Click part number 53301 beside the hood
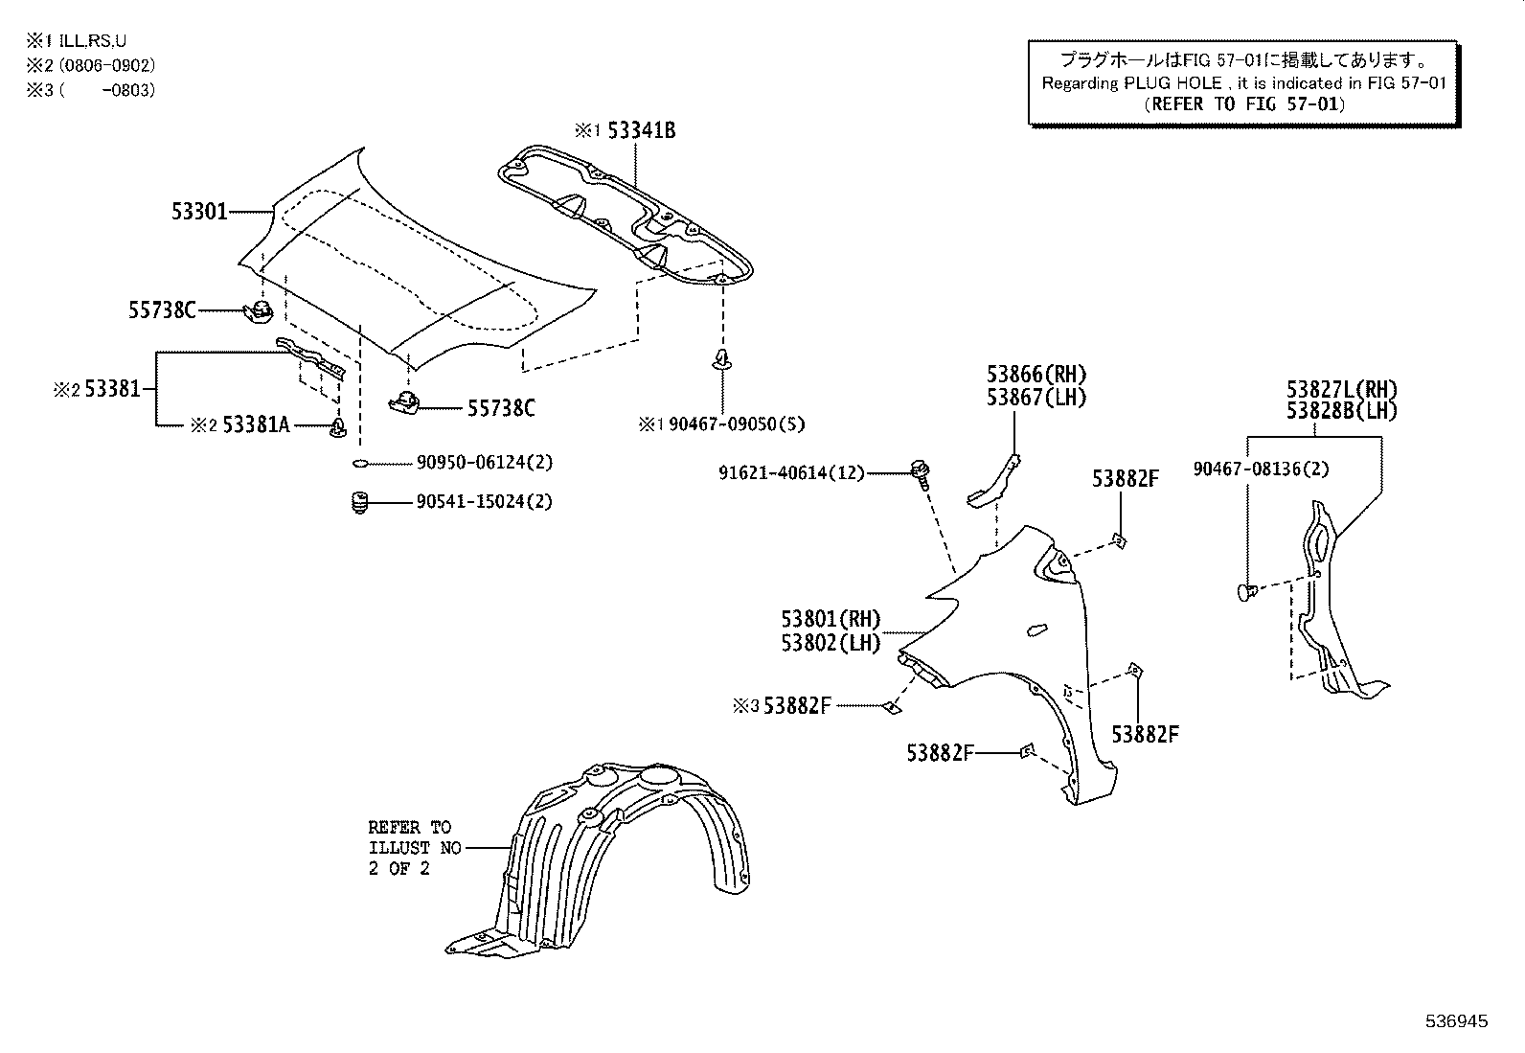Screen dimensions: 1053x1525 pyautogui.click(x=199, y=211)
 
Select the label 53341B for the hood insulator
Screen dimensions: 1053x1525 pyautogui.click(x=641, y=130)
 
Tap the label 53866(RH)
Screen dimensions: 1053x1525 pyautogui.click(x=1036, y=375)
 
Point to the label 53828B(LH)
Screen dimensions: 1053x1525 pyautogui.click(x=1341, y=411)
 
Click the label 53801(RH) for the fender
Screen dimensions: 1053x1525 pyautogui.click(x=830, y=620)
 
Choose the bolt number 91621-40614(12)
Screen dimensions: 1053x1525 pyautogui.click(x=791, y=472)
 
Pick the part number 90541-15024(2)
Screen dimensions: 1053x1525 pyautogui.click(x=484, y=501)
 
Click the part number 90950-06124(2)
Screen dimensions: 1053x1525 pyautogui.click(x=484, y=463)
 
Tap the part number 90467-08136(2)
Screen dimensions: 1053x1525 pyautogui.click(x=1261, y=469)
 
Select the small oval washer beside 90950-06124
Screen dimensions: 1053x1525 pyautogui.click(x=360, y=464)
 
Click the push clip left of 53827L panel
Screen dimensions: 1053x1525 pyautogui.click(x=1247, y=592)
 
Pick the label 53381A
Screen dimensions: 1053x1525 pyautogui.click(x=255, y=424)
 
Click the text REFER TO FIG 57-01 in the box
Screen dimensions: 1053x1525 pyautogui.click(x=1244, y=104)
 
